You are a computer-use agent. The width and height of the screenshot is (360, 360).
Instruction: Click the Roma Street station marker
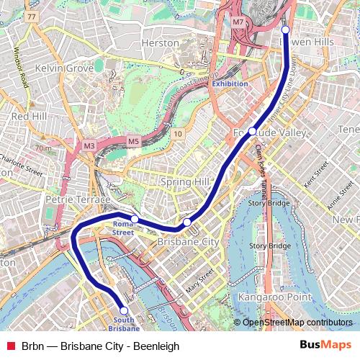coord(135,218)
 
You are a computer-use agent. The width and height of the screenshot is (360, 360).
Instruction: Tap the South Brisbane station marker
coord(124,310)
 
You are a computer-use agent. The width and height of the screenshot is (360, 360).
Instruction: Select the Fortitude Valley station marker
coord(253,131)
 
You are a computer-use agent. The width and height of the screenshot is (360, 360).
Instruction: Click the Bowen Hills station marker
coord(285,30)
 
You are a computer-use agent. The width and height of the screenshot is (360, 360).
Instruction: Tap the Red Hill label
coord(29,115)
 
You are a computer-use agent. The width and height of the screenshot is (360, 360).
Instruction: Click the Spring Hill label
coord(185,181)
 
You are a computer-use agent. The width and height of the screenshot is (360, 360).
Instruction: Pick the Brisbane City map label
coord(188,242)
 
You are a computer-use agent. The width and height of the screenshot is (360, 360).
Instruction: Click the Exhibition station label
coord(230,84)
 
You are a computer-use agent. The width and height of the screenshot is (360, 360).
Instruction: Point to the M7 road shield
coord(238,22)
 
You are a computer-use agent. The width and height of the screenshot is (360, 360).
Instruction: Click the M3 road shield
coord(89,145)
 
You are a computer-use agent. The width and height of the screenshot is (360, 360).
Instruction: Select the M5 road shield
coord(133,140)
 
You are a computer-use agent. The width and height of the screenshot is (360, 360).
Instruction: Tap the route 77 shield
coord(30,16)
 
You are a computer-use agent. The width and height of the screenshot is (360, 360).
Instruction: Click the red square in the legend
coord(10,346)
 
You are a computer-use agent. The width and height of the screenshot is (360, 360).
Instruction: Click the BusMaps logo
coord(325,346)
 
